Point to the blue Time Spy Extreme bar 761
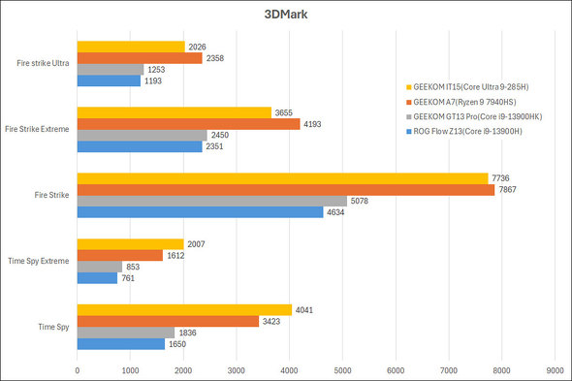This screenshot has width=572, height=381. pos(97,277)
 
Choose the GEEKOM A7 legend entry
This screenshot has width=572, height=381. pos(474,100)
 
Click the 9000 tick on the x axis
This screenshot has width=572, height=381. pos(555,369)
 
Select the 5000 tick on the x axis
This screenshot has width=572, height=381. pos(342,369)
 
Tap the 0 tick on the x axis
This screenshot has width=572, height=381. pos(78,369)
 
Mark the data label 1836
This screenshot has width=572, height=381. pos(188,333)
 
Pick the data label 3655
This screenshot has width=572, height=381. pos(285,112)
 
